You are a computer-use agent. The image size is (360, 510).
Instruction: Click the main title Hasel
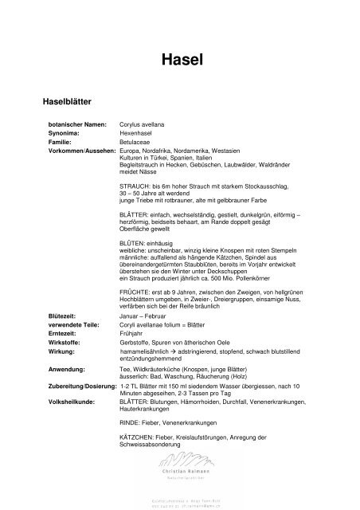(x=179, y=58)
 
